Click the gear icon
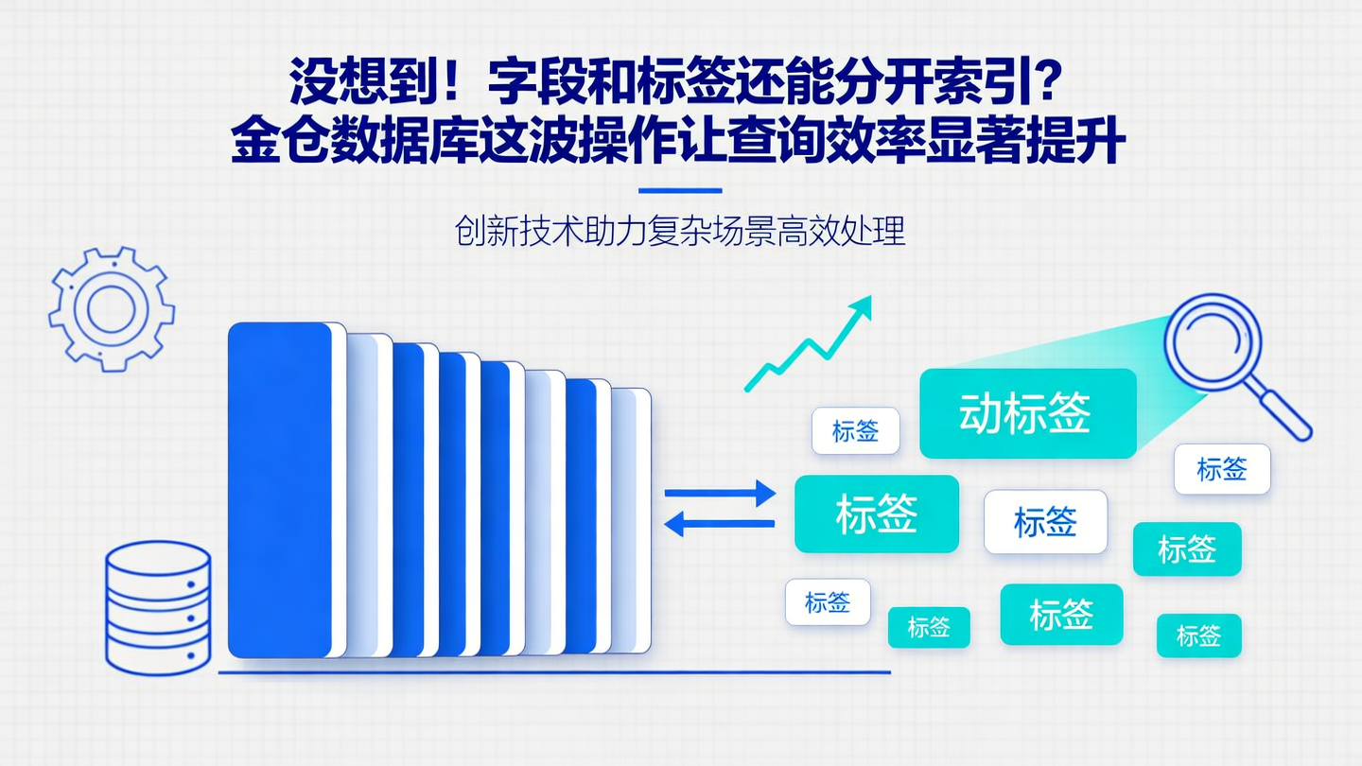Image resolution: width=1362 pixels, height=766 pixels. coord(112,308)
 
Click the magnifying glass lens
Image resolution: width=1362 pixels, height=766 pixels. coord(1212,339)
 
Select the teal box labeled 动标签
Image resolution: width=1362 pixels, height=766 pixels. coord(1027,413)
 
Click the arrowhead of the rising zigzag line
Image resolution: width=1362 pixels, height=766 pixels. coord(862,305)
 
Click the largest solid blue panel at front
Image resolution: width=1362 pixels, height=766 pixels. coord(280,490)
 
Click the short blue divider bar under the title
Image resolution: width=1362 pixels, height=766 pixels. coord(680,190)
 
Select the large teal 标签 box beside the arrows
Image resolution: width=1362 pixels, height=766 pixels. coord(876,514)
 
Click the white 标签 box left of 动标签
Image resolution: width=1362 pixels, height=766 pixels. coord(855,431)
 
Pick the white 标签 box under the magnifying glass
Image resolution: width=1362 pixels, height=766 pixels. coord(1222,469)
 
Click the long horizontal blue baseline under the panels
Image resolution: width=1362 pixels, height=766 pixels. coord(554,672)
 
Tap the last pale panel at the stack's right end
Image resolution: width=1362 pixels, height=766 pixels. coord(631,520)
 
